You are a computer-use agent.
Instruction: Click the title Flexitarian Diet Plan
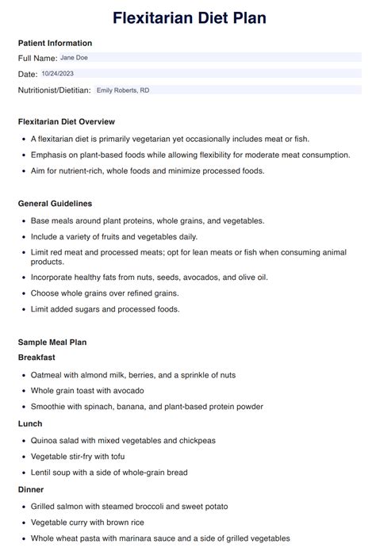(x=189, y=17)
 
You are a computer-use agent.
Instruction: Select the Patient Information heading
(x=55, y=43)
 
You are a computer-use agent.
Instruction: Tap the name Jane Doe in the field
(x=74, y=58)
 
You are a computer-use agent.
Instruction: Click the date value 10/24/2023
(x=57, y=74)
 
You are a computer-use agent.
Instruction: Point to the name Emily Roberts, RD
(x=123, y=90)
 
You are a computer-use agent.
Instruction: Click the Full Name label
(x=37, y=58)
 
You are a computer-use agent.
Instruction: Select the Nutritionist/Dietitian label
(x=54, y=90)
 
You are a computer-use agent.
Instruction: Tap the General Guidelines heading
(x=55, y=204)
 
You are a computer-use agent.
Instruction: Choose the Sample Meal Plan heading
(x=52, y=342)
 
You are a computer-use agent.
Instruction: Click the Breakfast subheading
(x=36, y=358)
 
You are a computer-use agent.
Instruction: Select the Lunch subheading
(x=30, y=423)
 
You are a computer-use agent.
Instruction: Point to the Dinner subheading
(x=31, y=489)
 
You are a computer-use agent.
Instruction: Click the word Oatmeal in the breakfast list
(x=47, y=374)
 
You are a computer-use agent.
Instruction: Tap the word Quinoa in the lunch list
(x=45, y=440)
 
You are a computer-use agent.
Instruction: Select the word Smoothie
(x=50, y=407)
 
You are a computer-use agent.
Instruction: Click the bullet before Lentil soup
(x=22, y=473)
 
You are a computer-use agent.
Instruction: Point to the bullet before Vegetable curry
(x=22, y=523)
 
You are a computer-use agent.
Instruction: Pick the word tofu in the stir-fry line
(x=117, y=457)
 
